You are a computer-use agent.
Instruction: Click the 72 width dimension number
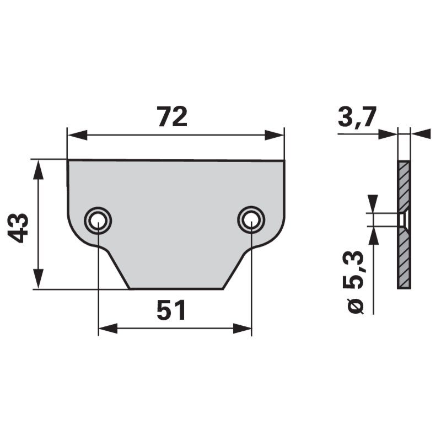click(x=172, y=116)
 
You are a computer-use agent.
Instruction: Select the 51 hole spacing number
click(x=171, y=311)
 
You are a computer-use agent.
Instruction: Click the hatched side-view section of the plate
click(x=404, y=259)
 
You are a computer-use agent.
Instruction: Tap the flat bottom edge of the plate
click(x=176, y=288)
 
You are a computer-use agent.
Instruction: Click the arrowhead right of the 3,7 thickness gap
click(x=421, y=133)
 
